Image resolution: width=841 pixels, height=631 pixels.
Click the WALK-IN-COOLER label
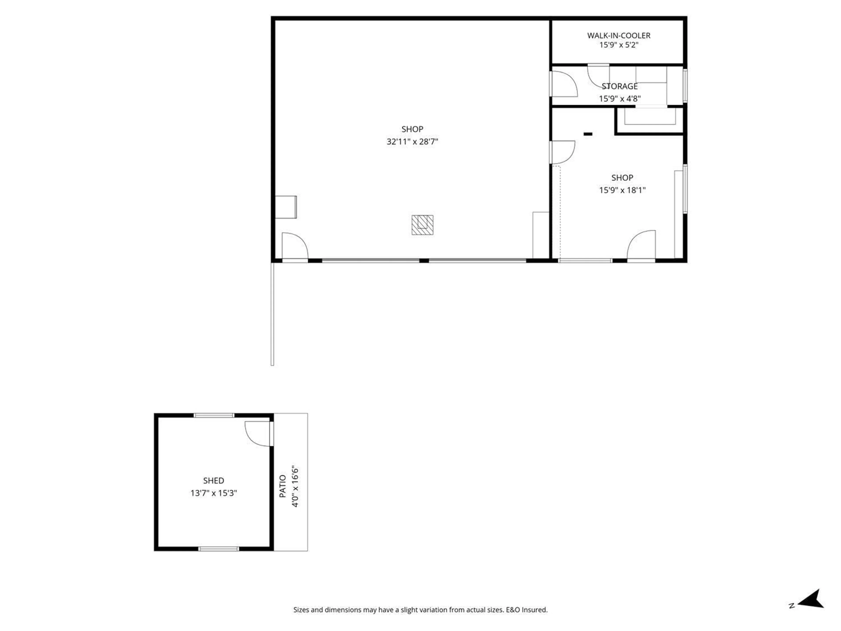[x=618, y=35]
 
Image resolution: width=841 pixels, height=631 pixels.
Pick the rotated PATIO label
[x=283, y=486]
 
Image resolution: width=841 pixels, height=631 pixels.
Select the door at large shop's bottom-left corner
[x=294, y=246]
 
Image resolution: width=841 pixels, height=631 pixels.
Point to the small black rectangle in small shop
[x=588, y=134]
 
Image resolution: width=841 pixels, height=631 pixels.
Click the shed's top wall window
[x=214, y=415]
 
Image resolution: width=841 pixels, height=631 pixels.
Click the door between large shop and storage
[x=564, y=84]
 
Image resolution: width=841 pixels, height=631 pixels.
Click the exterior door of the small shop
[x=641, y=245]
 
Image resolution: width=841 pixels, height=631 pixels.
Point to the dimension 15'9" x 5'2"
[x=618, y=45]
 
